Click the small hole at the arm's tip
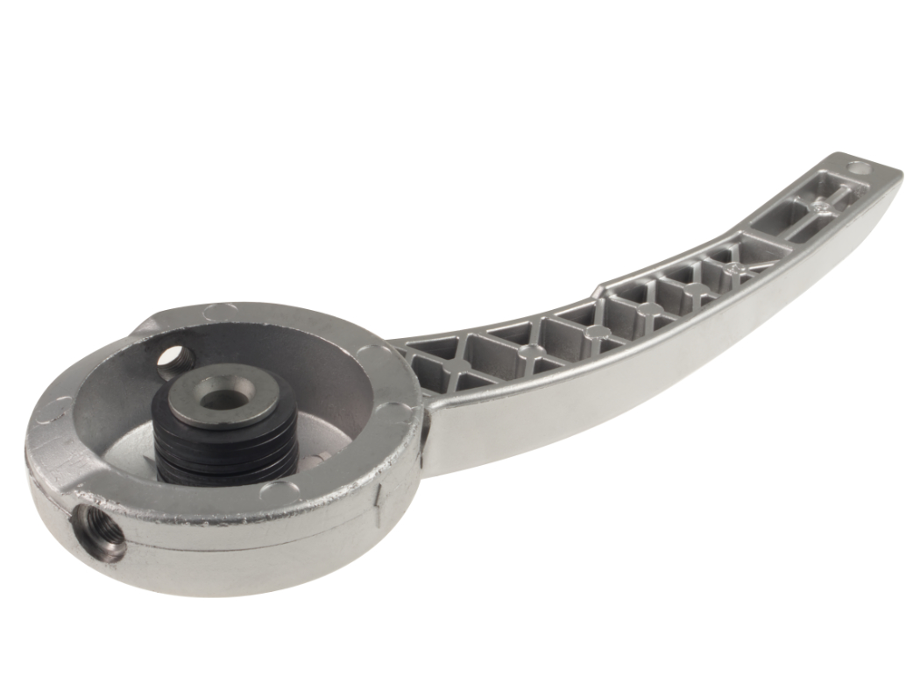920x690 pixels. pos(858,166)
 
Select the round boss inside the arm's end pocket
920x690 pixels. pos(821,207)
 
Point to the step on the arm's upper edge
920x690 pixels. pos(601,287)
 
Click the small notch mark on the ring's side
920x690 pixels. pos(378,499)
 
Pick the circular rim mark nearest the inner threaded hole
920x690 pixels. pos(216,312)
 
